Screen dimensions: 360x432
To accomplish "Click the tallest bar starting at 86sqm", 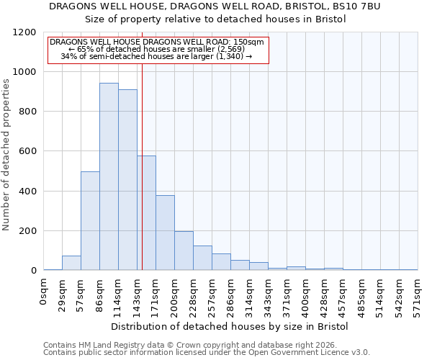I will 109,176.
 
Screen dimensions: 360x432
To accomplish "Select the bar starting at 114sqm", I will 127,180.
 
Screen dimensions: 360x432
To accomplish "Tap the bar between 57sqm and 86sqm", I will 90,221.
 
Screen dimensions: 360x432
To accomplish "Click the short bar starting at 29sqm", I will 71,263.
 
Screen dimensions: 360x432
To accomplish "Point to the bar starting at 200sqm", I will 184,251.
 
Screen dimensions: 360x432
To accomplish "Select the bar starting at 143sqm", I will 146,213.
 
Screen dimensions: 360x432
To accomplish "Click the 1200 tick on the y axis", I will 24,32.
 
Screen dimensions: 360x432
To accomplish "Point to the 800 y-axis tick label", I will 27,112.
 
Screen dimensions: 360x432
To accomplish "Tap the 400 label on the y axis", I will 27,192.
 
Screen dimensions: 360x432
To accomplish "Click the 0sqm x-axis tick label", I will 44,292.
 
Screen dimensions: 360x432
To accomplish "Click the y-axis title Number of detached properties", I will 6,155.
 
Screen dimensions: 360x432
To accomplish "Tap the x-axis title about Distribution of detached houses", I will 230,326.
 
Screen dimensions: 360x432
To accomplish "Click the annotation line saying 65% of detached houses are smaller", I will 157,49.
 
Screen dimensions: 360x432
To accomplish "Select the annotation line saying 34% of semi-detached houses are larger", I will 157,56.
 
